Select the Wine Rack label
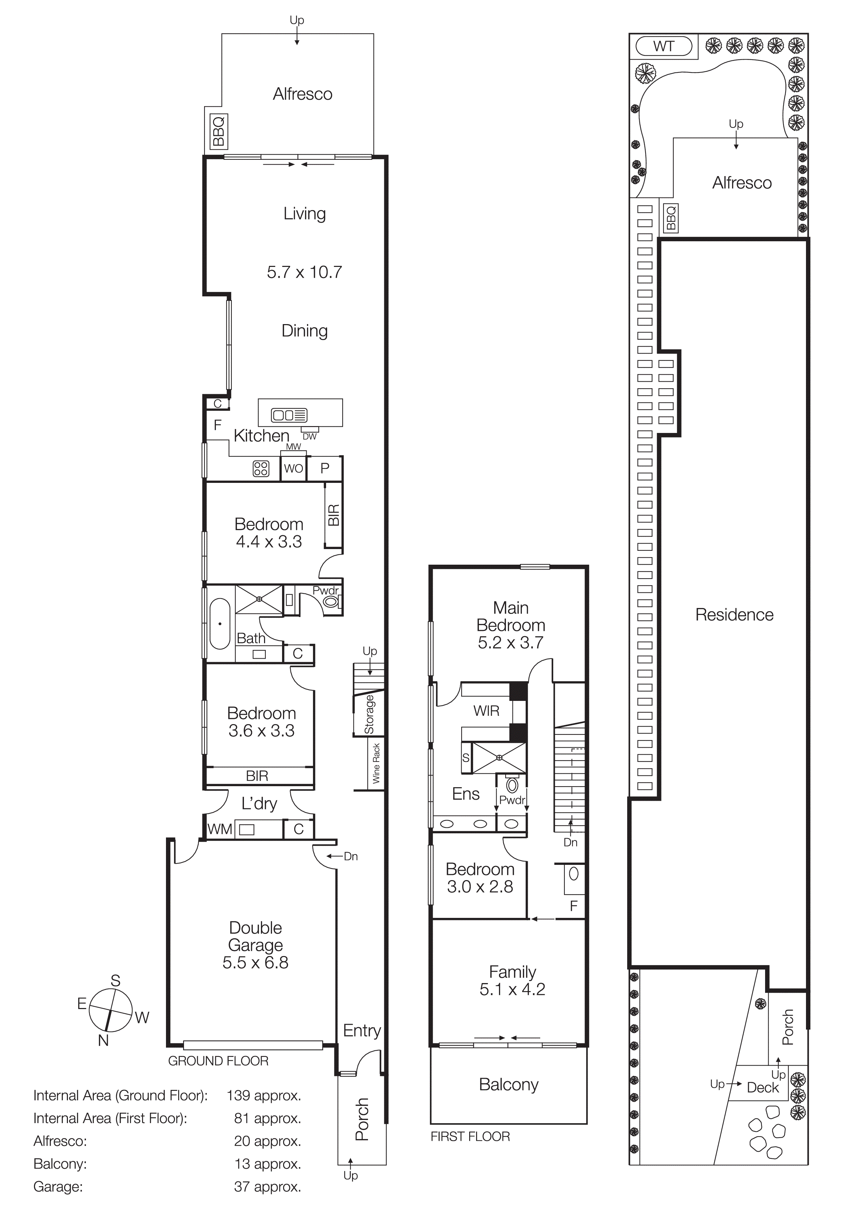tap(376, 763)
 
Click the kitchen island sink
tap(289, 415)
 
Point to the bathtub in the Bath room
tap(220, 624)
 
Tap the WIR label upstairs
tap(486, 711)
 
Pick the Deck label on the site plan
tap(763, 1087)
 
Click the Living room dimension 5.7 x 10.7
tap(304, 272)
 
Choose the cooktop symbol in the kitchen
tap(261, 469)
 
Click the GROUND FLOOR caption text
tap(218, 1061)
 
